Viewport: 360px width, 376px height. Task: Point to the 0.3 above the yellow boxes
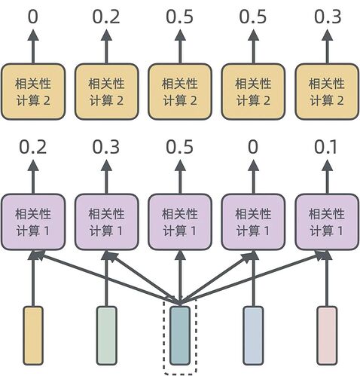point(326,16)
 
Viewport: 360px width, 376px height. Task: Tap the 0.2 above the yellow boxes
point(107,16)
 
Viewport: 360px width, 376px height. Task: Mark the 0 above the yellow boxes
point(33,16)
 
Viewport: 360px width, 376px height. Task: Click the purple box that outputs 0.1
point(326,221)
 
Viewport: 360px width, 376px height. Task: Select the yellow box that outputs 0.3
point(326,90)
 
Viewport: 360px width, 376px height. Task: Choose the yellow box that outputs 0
point(33,90)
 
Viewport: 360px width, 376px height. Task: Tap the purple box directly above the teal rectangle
point(180,221)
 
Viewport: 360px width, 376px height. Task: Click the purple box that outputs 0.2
point(33,221)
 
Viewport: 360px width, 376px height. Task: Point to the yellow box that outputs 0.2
point(107,90)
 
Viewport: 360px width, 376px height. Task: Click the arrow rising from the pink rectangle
point(326,283)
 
